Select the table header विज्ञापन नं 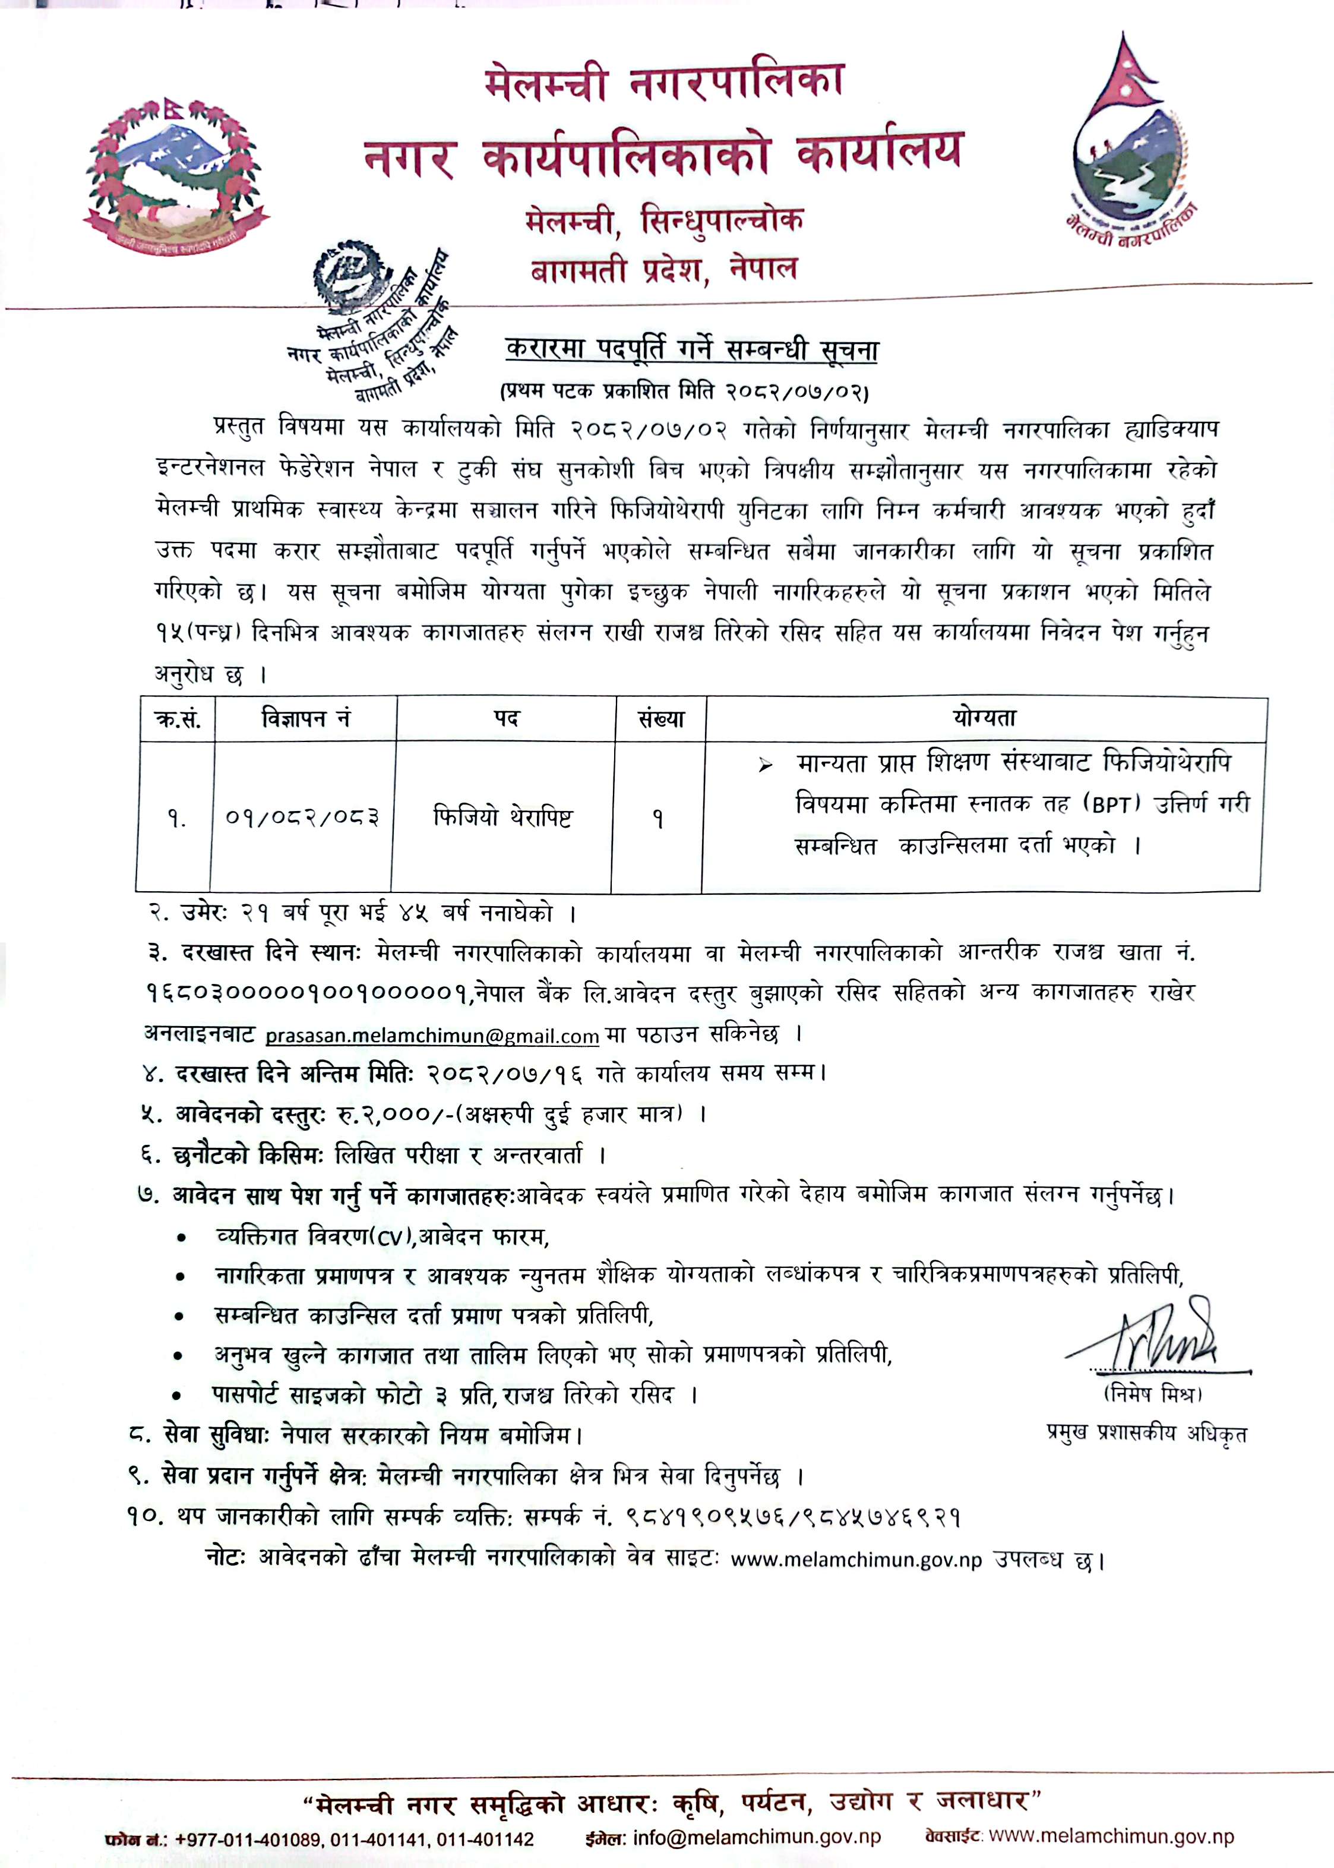[305, 719]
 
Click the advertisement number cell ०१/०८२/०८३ [302, 818]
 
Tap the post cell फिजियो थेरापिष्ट [502, 818]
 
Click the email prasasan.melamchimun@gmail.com [431, 1036]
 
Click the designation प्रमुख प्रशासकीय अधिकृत [1146, 1434]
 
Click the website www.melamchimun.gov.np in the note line [856, 1558]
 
